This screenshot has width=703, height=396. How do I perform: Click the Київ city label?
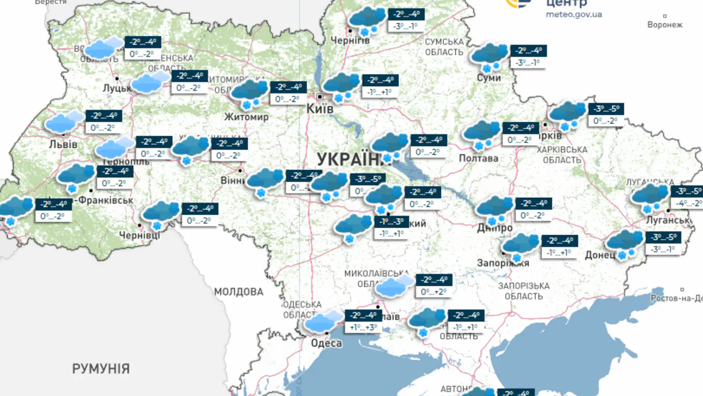(320, 108)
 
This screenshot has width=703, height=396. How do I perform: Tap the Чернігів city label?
(350, 40)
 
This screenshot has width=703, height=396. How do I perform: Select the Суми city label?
(489, 78)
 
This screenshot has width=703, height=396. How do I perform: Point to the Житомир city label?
(246, 117)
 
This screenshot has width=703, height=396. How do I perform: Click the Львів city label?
(63, 144)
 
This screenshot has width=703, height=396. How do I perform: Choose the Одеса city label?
(326, 343)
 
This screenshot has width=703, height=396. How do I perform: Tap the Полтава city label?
(478, 158)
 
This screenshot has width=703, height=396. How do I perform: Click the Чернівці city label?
(140, 235)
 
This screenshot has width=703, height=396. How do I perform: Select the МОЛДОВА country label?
(239, 292)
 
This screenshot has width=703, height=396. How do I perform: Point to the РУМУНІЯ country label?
(101, 369)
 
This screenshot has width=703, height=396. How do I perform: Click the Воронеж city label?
(664, 25)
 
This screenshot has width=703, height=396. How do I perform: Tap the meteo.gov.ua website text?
(573, 15)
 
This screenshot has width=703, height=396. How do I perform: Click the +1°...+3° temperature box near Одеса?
(363, 327)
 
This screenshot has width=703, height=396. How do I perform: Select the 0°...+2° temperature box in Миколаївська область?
(434, 292)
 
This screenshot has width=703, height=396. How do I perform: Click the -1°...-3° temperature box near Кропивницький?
(391, 222)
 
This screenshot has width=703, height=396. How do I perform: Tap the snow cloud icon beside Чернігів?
(367, 20)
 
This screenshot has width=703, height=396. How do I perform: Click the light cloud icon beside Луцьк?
(150, 82)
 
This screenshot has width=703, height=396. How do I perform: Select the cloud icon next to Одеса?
(324, 322)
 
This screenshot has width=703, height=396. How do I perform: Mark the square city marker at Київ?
(320, 96)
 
